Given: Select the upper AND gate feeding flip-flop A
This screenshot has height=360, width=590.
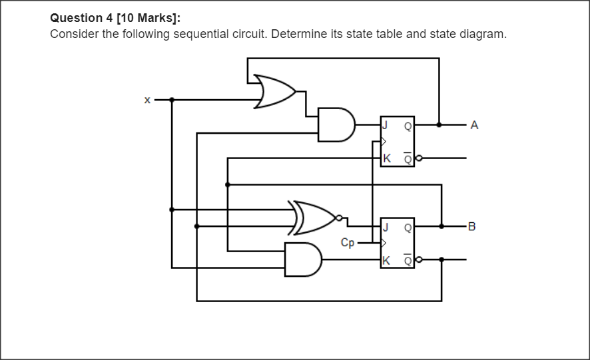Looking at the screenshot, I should [336, 124].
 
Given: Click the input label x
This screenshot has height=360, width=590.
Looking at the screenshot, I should [147, 100].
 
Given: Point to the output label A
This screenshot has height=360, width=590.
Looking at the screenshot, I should [474, 124].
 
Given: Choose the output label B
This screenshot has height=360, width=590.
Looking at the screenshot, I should [473, 226].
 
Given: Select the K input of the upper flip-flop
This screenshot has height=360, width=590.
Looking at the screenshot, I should [386, 159].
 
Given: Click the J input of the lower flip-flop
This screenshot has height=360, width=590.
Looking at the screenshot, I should [384, 226].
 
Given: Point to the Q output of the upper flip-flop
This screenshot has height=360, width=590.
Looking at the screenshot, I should [407, 124].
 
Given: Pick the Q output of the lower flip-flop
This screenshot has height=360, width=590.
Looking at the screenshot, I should [407, 226].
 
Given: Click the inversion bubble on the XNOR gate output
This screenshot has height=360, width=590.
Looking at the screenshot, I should [339, 218].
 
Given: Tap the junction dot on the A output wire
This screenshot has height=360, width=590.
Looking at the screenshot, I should [439, 124].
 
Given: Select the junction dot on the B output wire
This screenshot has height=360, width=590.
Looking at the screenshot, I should [442, 226].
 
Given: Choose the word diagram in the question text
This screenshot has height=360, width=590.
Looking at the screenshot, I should [482, 34].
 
